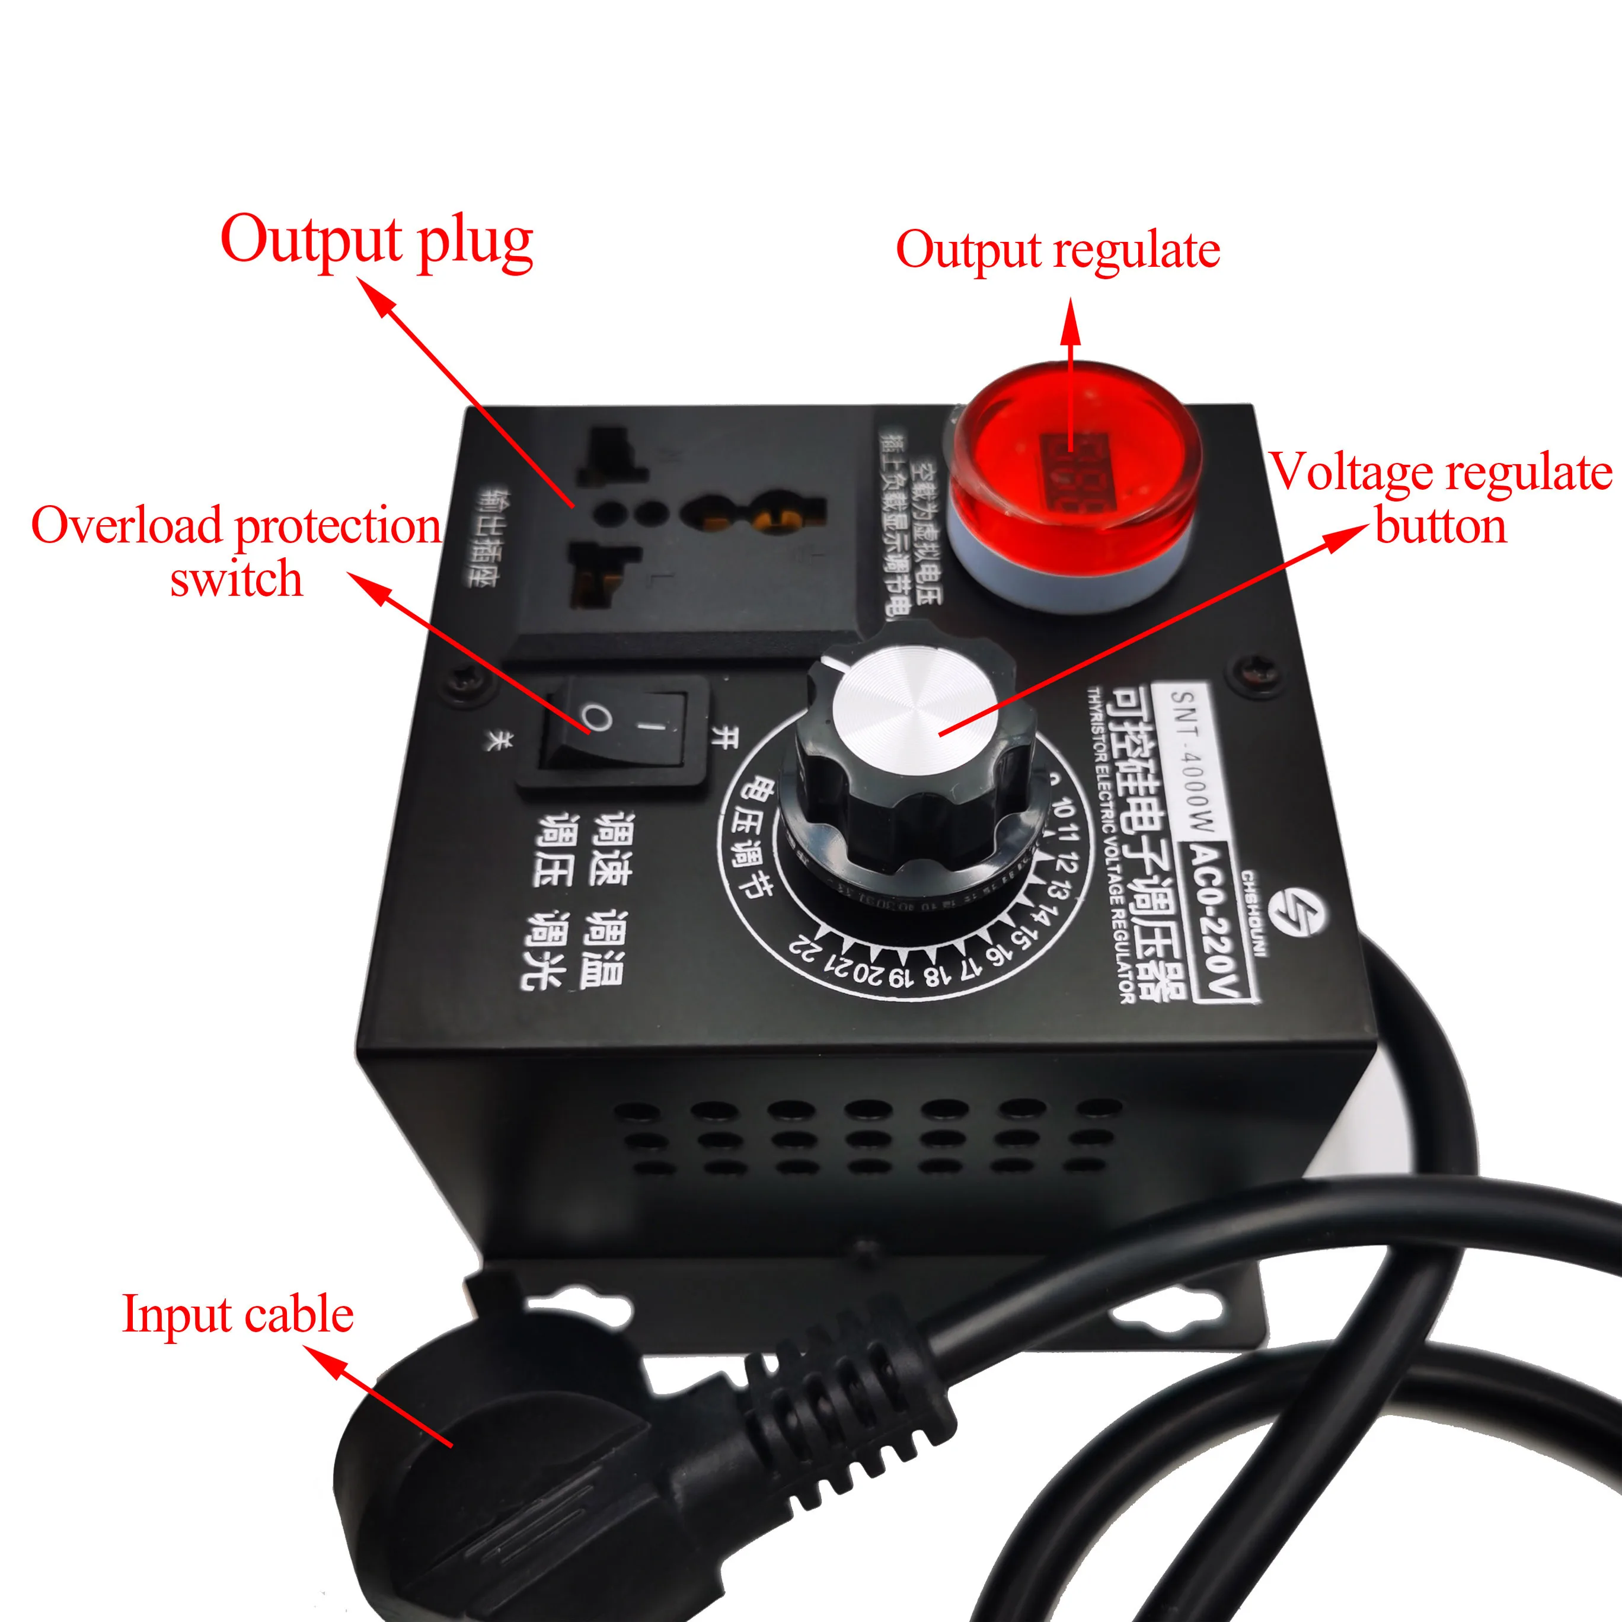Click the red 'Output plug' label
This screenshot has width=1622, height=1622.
click(x=376, y=241)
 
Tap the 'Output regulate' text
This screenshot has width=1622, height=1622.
click(x=1057, y=250)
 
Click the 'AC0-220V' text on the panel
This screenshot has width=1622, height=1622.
click(x=1218, y=921)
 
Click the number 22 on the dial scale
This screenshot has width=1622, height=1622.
click(x=806, y=950)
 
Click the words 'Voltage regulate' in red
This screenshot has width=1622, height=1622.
click(x=1441, y=472)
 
